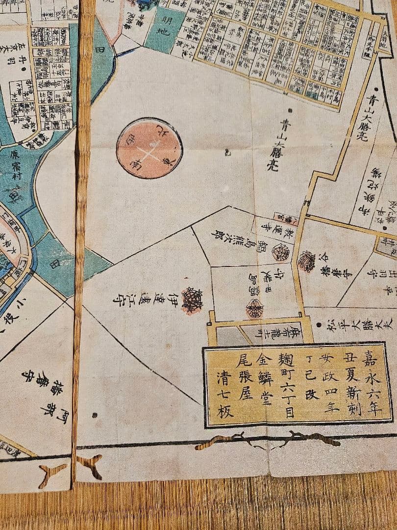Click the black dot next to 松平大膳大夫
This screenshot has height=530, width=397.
[320, 323]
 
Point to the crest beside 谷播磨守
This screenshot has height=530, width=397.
[307, 261]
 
